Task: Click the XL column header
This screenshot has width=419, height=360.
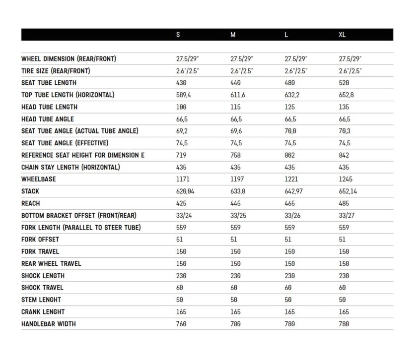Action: tap(343, 35)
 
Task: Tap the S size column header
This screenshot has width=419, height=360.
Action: tap(178, 35)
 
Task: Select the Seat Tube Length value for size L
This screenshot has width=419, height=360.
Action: tap(289, 83)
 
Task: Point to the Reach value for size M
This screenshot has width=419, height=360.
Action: tap(236, 203)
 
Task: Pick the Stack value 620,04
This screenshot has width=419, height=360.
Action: tap(185, 191)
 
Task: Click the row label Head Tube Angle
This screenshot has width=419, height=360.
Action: tap(48, 119)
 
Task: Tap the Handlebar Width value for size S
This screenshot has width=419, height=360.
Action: tap(182, 324)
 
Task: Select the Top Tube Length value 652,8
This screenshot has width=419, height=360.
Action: tap(347, 95)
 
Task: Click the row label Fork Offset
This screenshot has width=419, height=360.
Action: tap(40, 240)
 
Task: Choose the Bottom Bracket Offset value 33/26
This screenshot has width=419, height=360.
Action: tap(292, 215)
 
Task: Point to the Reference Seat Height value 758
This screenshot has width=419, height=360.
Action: tap(236, 155)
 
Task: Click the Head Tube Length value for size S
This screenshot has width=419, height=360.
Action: tap(181, 107)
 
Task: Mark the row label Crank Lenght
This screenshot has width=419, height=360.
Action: tap(43, 312)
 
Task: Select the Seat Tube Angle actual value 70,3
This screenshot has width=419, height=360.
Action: tap(345, 131)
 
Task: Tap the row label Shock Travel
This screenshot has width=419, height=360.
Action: tap(42, 288)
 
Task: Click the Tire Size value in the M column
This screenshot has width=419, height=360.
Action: tap(242, 71)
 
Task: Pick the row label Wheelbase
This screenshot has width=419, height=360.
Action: tap(39, 179)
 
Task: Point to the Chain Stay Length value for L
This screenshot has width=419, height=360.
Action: tap(290, 167)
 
